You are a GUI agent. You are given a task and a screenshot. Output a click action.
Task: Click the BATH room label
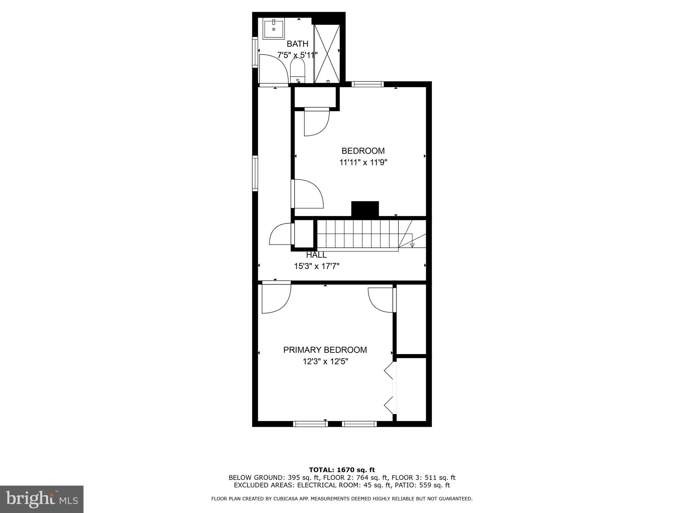[x=297, y=44]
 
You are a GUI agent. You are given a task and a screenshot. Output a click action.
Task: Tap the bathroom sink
[x=274, y=29]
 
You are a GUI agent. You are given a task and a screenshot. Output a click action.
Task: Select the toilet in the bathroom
[x=298, y=71]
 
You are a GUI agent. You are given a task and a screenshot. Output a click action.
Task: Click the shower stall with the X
[x=327, y=53]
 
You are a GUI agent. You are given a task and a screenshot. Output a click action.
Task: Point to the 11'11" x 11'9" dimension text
[x=363, y=163]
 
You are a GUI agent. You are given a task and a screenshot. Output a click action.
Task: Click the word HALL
[x=316, y=255]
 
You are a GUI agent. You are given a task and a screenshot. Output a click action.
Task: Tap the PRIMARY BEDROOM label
[x=325, y=350]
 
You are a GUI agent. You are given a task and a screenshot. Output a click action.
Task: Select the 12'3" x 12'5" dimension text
[x=325, y=362]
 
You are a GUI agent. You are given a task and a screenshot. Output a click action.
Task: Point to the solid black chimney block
[x=365, y=209]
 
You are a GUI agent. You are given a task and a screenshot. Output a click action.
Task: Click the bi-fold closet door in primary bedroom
[x=390, y=389]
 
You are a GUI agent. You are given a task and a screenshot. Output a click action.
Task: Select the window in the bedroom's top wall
[x=367, y=84]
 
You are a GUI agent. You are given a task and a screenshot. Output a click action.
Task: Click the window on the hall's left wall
[x=255, y=173]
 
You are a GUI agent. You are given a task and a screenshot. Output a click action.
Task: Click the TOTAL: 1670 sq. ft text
[x=342, y=470]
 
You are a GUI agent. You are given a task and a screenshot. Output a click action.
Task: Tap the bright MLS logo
[x=42, y=499]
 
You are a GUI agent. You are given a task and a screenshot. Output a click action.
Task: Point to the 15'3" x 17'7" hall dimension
[x=317, y=266]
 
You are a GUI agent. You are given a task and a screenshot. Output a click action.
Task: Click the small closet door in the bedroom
[x=317, y=122]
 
